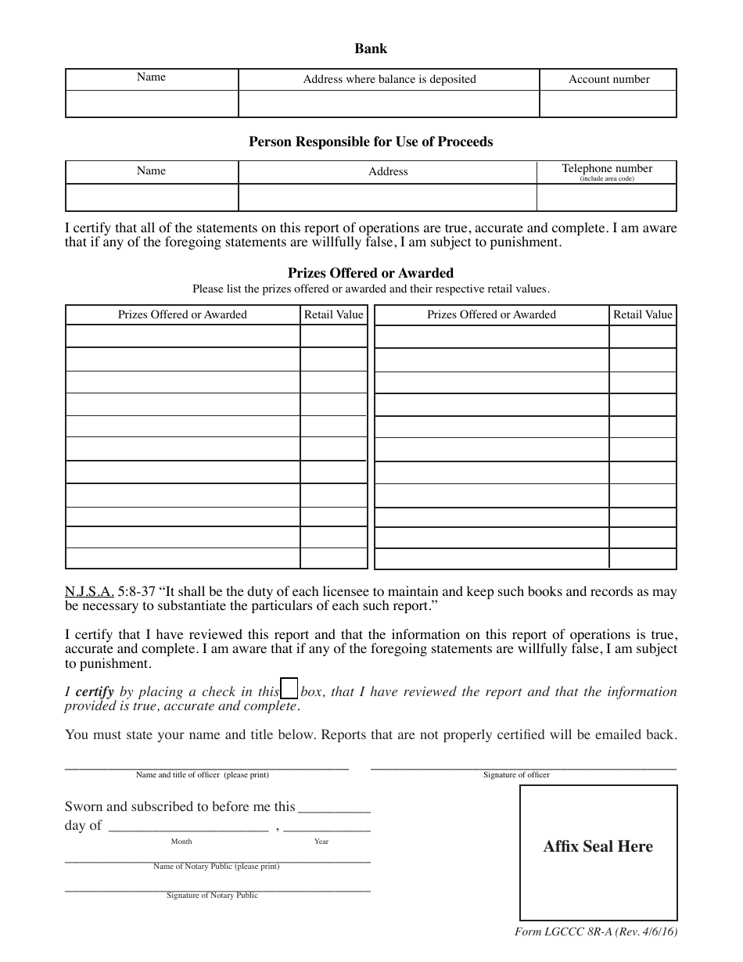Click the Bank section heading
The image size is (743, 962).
click(371, 48)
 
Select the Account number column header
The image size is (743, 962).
click(608, 79)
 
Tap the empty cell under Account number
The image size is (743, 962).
click(608, 104)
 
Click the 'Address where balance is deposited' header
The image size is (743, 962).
click(389, 79)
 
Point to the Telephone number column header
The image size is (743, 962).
click(607, 169)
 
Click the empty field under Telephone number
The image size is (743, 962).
click(606, 197)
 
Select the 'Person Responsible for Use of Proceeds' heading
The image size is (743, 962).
click(371, 142)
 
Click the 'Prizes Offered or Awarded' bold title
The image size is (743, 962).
click(371, 273)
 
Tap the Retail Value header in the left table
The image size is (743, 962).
click(334, 314)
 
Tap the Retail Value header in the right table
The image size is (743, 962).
click(643, 314)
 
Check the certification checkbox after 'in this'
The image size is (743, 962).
click(289, 689)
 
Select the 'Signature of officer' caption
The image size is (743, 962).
click(516, 775)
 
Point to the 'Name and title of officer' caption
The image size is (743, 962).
click(202, 775)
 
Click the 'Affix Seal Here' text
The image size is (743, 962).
click(598, 846)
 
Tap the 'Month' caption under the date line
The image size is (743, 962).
click(181, 842)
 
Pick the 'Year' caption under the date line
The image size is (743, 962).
click(321, 842)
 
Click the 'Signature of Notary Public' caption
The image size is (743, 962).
click(212, 896)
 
